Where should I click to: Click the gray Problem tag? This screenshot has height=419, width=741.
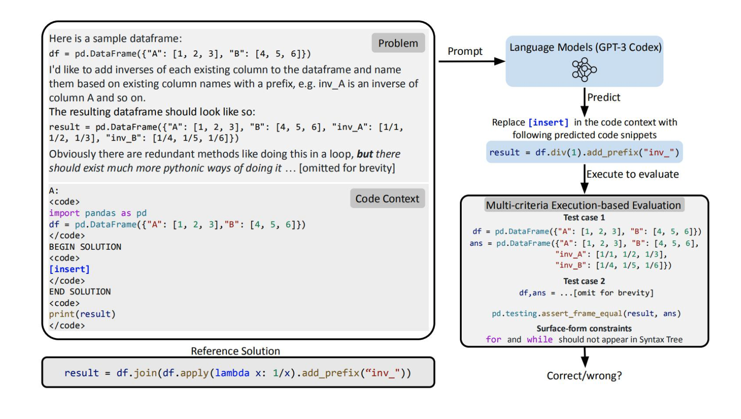398,43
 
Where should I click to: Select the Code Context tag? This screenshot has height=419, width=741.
387,199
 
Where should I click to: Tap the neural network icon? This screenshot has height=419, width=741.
584,69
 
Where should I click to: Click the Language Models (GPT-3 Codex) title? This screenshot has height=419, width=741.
585,47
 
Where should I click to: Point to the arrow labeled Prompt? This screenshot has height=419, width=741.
471,61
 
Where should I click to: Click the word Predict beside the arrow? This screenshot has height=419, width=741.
604,97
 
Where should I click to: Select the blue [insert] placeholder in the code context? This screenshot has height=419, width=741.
69,269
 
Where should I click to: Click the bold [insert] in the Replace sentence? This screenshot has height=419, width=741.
548,122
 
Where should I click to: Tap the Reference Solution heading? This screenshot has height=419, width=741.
235,351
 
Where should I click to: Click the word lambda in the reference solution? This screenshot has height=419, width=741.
232,373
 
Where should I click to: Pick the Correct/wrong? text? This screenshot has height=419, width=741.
584,375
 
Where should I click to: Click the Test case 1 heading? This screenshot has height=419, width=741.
584,218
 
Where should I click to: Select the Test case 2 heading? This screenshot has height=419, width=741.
584,281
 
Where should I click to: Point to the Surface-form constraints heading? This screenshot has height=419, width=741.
584,329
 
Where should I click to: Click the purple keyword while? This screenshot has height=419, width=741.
540,340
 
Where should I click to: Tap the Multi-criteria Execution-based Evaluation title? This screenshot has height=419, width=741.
583,205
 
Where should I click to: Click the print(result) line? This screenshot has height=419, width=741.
82,314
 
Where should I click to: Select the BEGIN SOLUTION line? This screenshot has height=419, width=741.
85,247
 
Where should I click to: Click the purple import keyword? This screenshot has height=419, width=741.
64,213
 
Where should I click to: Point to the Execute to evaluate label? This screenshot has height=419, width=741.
632,174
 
